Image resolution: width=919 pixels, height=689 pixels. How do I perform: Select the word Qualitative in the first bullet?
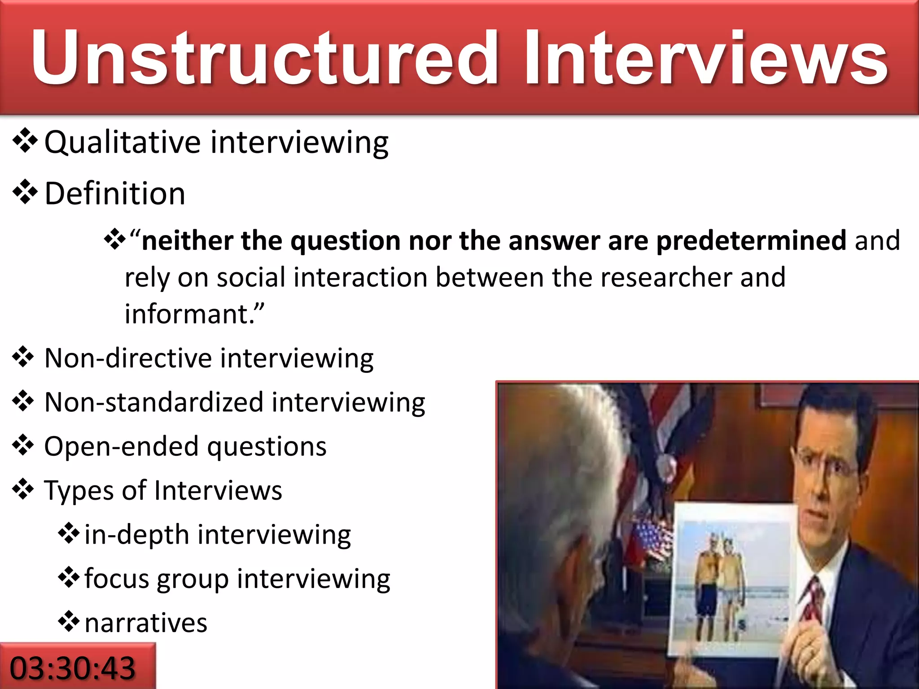click(x=122, y=143)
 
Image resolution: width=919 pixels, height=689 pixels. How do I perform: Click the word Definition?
click(x=115, y=194)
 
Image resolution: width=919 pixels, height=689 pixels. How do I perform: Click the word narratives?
click(x=146, y=623)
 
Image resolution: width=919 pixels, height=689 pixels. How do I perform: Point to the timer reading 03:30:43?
click(x=73, y=668)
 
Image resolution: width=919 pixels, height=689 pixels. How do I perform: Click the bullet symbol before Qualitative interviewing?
click(x=25, y=142)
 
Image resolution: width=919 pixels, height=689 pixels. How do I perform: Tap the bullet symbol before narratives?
click(x=69, y=622)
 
